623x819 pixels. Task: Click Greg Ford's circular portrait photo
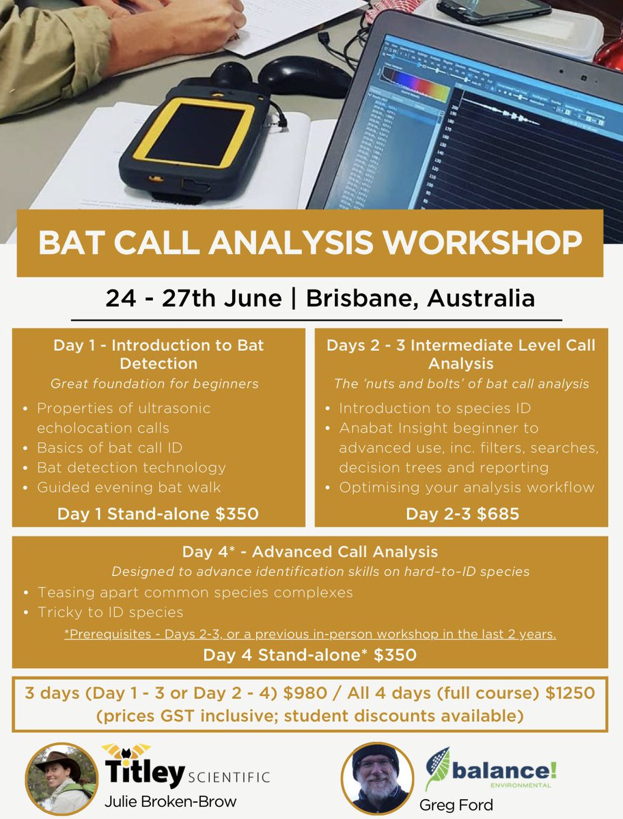pyautogui.click(x=378, y=778)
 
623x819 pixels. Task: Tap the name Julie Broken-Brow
pyautogui.click(x=170, y=801)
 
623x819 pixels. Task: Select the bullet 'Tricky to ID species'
pyautogui.click(x=111, y=612)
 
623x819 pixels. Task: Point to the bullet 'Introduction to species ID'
pyautogui.click(x=434, y=408)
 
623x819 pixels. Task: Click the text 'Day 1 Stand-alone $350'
pyautogui.click(x=158, y=513)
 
